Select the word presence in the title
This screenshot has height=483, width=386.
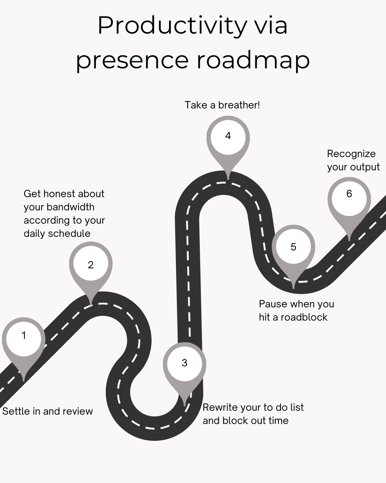132,60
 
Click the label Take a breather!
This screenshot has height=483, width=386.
222,105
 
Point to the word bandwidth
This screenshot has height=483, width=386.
70,207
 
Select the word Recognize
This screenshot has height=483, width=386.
351,154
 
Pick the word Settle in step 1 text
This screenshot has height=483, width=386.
16,411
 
